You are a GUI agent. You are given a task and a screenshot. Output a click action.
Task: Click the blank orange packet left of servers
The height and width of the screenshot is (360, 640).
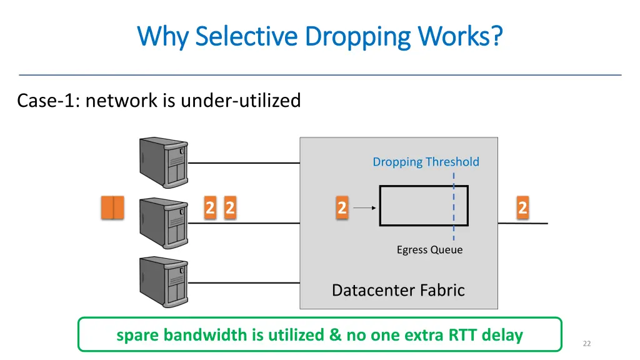(x=112, y=207)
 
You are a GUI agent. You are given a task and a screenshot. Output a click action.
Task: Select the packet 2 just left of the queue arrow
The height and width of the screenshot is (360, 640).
(x=342, y=207)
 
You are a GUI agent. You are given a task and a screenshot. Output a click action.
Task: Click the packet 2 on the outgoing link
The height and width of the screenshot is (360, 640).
(x=522, y=207)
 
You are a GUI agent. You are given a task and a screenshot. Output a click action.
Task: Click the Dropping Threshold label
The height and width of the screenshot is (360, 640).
(x=426, y=162)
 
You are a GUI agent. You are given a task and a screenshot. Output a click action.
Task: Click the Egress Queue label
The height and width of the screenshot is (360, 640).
(x=429, y=250)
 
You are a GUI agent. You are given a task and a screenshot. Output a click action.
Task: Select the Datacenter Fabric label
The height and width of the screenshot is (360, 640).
(x=398, y=290)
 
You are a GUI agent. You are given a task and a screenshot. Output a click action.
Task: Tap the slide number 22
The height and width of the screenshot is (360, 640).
(x=586, y=343)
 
